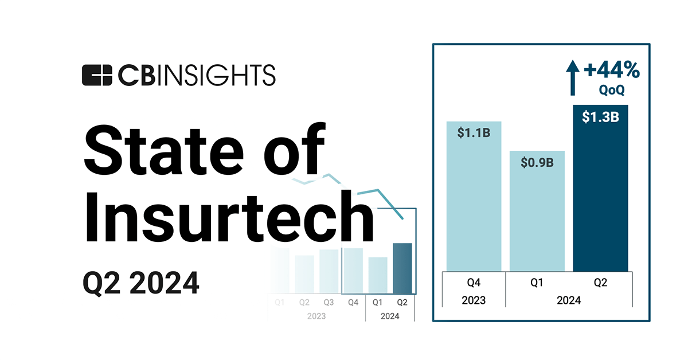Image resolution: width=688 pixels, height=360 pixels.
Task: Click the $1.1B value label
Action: (x=473, y=133)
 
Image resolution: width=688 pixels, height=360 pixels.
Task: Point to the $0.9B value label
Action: (x=537, y=162)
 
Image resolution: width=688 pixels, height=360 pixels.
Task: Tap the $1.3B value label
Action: (x=600, y=117)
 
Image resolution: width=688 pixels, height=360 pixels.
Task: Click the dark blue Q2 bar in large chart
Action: (x=600, y=201)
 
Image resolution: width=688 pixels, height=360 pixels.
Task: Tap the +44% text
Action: (x=611, y=71)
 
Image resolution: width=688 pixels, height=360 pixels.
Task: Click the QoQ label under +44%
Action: (x=612, y=90)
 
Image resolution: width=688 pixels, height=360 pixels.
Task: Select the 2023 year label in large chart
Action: (x=474, y=300)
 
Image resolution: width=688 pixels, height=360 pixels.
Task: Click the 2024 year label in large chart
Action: (x=568, y=300)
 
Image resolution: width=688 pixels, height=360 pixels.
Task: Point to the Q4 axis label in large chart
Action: (x=474, y=282)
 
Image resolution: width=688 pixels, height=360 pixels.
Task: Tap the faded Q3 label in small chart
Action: (x=328, y=302)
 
